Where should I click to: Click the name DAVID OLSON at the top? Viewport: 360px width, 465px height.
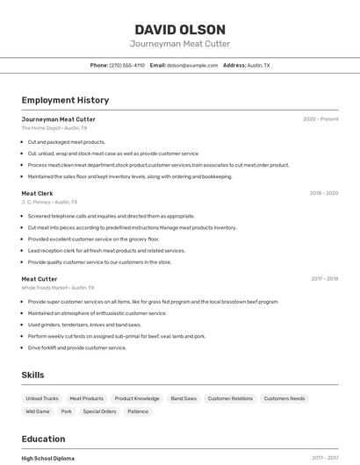[180, 30]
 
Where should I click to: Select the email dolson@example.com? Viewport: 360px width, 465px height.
[192, 65]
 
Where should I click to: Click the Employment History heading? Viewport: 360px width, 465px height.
[65, 100]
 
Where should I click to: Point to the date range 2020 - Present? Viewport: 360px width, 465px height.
[320, 119]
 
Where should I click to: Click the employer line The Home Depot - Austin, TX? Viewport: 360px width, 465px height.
[55, 128]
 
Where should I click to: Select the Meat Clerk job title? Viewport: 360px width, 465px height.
[38, 193]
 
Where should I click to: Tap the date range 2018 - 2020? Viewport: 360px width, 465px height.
[323, 193]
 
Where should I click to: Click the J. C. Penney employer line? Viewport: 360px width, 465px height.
[49, 202]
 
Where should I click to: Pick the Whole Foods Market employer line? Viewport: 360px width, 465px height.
[58, 288]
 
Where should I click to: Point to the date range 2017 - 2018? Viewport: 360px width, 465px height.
[324, 279]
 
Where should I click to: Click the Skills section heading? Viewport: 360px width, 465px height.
[32, 375]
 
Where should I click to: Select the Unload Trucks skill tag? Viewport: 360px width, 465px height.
[42, 398]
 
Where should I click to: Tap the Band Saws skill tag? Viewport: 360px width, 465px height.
[184, 398]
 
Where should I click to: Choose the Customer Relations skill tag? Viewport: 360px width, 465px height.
[230, 398]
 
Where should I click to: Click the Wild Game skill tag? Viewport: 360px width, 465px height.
[38, 411]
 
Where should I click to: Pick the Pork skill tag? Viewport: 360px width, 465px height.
[67, 411]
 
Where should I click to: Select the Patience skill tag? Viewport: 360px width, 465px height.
[138, 411]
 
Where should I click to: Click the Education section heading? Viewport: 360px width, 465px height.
[45, 438]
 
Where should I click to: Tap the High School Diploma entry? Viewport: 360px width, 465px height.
[48, 458]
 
